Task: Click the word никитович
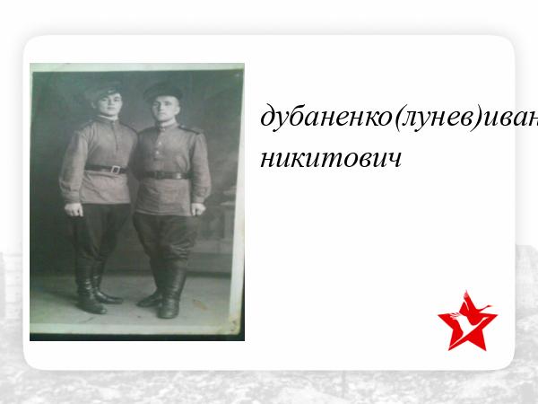[x=331, y=158]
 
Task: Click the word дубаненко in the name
[x=326, y=117]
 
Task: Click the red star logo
[x=467, y=321]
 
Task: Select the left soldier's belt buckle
[x=116, y=170]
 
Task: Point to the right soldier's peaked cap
[x=163, y=91]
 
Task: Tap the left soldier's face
[x=108, y=105]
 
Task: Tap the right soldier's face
[x=167, y=110]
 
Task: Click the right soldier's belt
[x=165, y=175]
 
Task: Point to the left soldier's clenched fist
[x=74, y=209]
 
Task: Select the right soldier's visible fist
[x=198, y=209]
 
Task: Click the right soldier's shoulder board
[x=190, y=129]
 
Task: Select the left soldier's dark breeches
[x=98, y=233]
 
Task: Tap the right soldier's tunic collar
[x=166, y=126]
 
